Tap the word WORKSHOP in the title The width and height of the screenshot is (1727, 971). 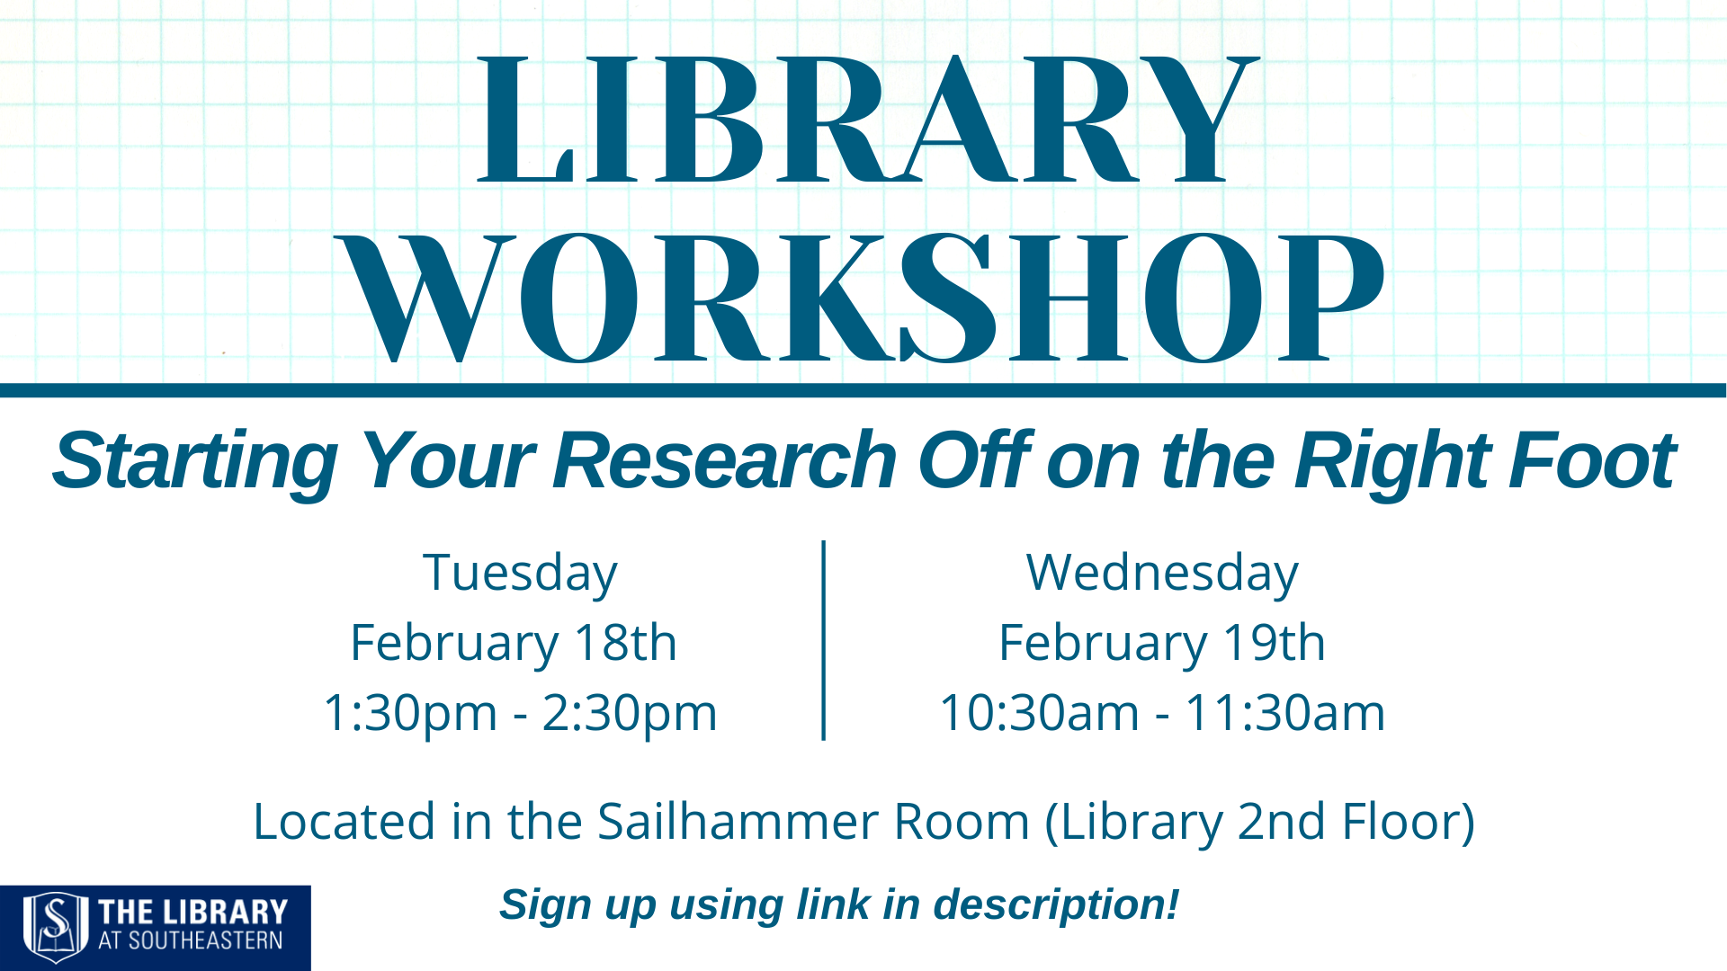coord(862,298)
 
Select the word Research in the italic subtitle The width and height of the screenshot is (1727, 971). coord(725,460)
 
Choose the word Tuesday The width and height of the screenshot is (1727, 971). coord(520,574)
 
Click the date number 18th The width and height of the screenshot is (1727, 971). coord(625,642)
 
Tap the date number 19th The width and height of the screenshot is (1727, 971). coord(1274,642)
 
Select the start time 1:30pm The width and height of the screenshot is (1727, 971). coord(410,713)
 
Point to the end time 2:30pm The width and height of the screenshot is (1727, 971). coord(630,713)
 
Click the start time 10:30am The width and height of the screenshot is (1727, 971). coord(1040,712)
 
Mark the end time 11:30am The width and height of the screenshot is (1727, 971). coord(1284,712)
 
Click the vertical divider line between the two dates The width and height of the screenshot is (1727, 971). coord(824,640)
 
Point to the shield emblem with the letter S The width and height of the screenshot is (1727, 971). coord(56,927)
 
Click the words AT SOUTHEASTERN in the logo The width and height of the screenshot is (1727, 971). coord(191,941)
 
